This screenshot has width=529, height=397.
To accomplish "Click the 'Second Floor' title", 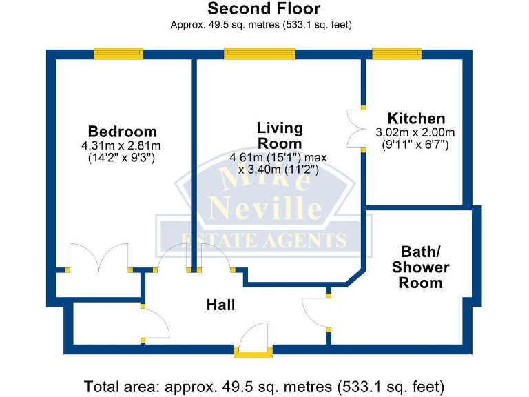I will click(264, 9).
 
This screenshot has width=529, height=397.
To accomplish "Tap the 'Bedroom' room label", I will click(122, 131).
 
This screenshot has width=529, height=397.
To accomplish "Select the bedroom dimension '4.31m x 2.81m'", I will click(121, 145).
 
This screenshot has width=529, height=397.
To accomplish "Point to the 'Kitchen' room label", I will click(416, 119).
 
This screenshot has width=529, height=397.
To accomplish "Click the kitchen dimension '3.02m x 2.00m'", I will click(415, 132).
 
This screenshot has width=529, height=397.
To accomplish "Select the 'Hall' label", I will click(220, 305).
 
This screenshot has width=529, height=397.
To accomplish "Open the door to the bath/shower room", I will click(317, 314).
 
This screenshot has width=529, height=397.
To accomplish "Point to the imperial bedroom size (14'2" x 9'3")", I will click(121, 157).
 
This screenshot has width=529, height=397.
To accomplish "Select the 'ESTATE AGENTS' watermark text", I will click(262, 240).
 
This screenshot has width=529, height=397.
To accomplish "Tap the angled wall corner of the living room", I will click(355, 275).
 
